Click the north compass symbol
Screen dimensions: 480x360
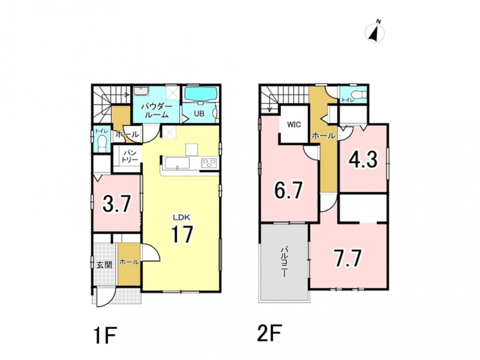[375, 32]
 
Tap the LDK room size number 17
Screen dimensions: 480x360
[182, 234]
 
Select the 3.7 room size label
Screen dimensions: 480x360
[117, 204]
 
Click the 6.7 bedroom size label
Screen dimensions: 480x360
[288, 190]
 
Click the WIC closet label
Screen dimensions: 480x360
[294, 125]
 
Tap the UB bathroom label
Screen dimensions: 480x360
[199, 113]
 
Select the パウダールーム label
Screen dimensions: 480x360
[156, 111]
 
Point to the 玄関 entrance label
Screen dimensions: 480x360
[104, 265]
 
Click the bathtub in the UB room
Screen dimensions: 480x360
[201, 94]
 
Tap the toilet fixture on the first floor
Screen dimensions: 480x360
[102, 143]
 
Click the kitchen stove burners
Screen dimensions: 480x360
[210, 163]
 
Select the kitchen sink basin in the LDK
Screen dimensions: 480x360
[177, 163]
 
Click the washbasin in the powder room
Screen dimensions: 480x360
[141, 91]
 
